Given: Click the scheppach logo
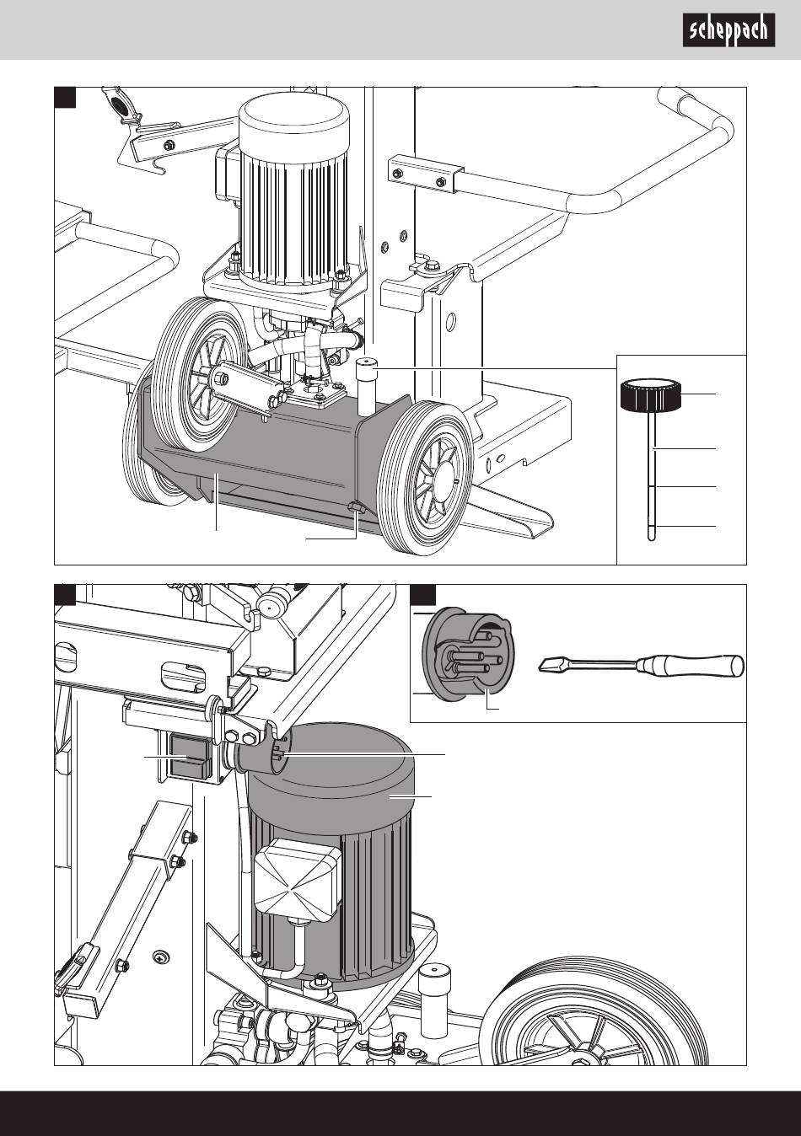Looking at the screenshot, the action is [728, 30].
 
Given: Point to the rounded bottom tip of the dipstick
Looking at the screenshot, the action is [652, 537].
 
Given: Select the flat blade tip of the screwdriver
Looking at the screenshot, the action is [547, 664].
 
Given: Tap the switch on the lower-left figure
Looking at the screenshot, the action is [191, 756].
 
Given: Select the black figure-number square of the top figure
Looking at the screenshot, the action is [66, 98].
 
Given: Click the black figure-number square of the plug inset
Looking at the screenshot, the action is [422, 594].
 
